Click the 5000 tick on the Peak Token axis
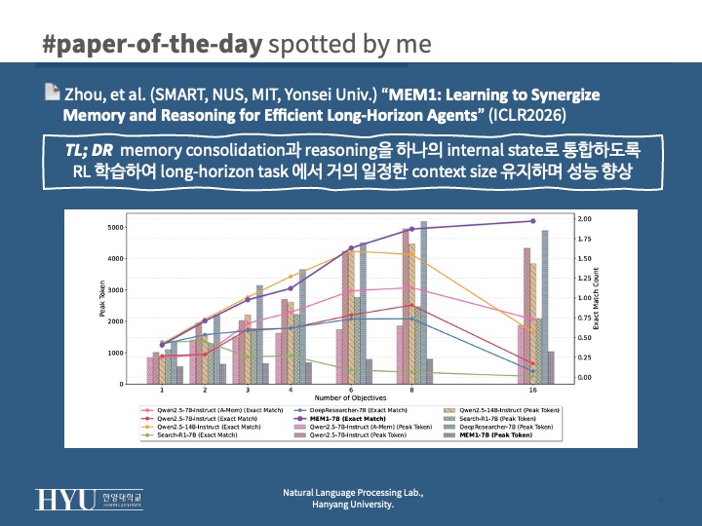click(x=115, y=228)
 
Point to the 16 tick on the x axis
click(x=532, y=390)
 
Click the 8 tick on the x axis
click(x=412, y=390)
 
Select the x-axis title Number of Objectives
click(x=348, y=398)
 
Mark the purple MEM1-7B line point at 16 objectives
click(x=532, y=221)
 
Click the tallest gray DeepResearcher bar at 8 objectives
click(x=423, y=302)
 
